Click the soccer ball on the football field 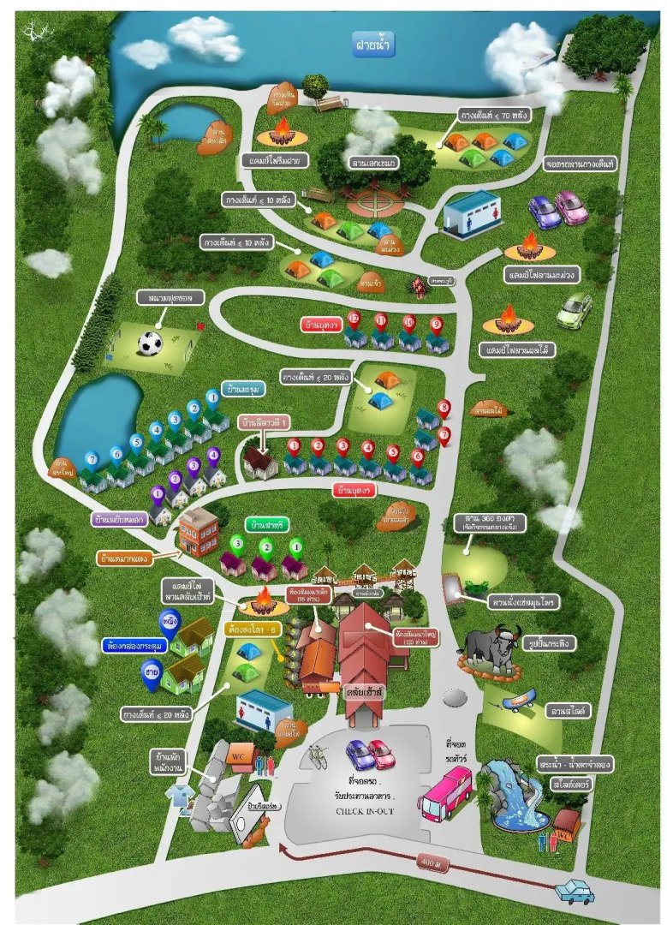(150, 344)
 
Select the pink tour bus (444, 791)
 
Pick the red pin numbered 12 (354, 319)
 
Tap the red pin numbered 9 (436, 324)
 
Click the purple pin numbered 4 (213, 455)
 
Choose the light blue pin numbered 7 (92, 459)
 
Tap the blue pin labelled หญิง (170, 618)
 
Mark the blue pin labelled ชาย (151, 674)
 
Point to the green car (574, 310)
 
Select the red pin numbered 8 (444, 409)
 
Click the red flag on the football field (200, 325)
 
